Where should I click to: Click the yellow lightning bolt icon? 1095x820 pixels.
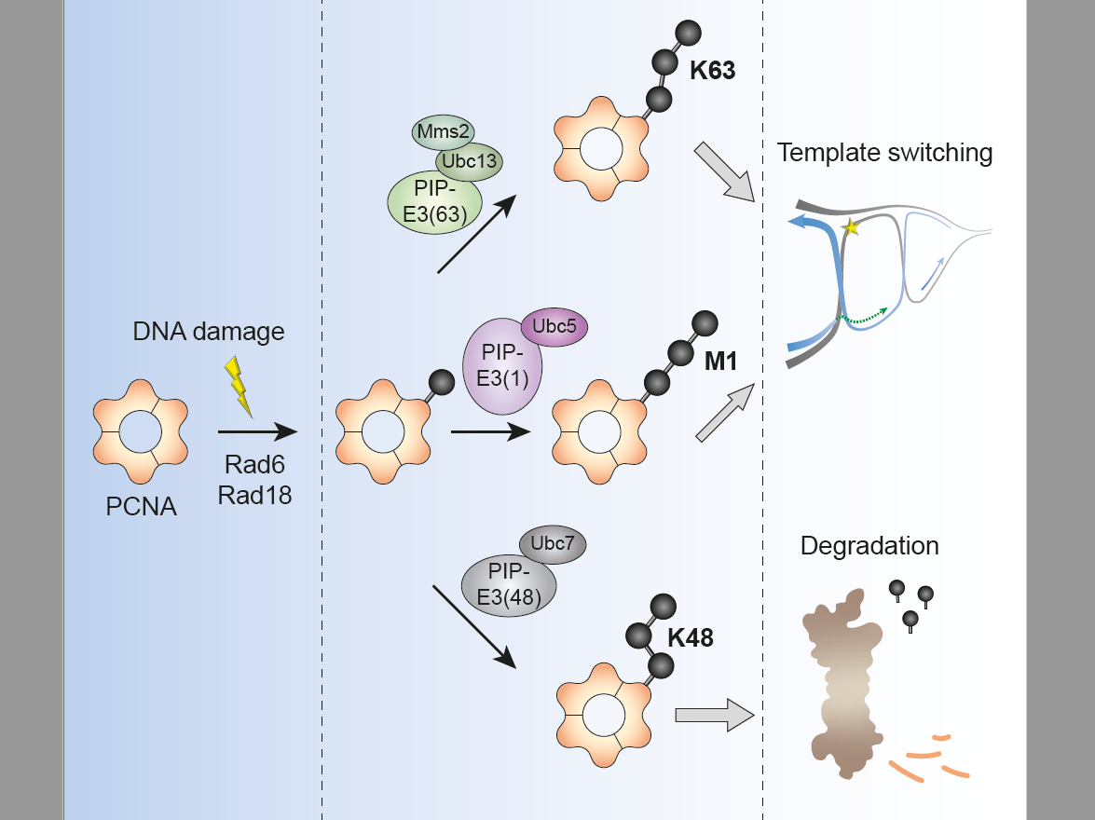[240, 387]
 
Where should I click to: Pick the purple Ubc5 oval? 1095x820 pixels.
[554, 329]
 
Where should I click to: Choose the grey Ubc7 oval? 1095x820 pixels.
[552, 545]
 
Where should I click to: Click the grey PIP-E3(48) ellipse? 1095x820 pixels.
[509, 585]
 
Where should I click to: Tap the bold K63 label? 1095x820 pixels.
[713, 70]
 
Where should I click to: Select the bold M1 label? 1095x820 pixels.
[720, 360]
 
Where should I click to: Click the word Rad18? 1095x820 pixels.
[254, 495]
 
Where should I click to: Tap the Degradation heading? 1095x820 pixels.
[869, 545]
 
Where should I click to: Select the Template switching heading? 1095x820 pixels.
[885, 152]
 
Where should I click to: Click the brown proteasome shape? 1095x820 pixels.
[842, 685]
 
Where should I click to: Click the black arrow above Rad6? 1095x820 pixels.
[256, 431]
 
